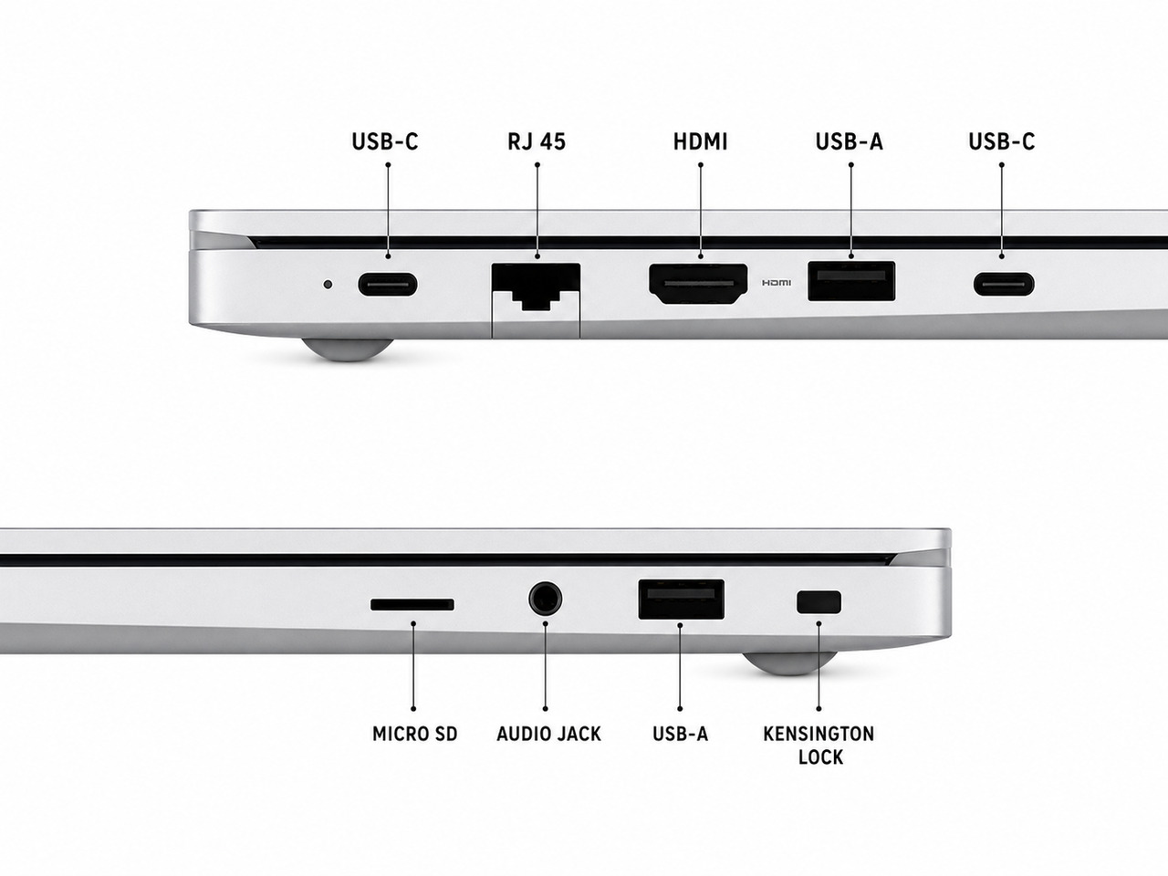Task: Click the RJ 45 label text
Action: [537, 141]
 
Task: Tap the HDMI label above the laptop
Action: [700, 141]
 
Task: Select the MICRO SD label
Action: [414, 734]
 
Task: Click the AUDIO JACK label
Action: [548, 734]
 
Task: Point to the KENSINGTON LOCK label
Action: [819, 746]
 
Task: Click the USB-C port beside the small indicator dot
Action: [388, 285]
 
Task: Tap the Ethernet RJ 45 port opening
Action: [536, 287]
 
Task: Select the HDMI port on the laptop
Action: [698, 285]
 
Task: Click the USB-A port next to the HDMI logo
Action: [851, 281]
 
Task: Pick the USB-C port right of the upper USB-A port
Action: [1004, 284]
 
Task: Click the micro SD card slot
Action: [412, 605]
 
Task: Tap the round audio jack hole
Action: [546, 599]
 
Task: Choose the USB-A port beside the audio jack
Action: [681, 600]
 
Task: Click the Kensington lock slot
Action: [819, 601]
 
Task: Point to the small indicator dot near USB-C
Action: [328, 285]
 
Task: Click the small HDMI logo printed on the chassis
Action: [777, 283]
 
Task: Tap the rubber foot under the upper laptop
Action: [348, 350]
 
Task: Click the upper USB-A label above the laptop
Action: [850, 141]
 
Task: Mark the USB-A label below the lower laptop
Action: [681, 734]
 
